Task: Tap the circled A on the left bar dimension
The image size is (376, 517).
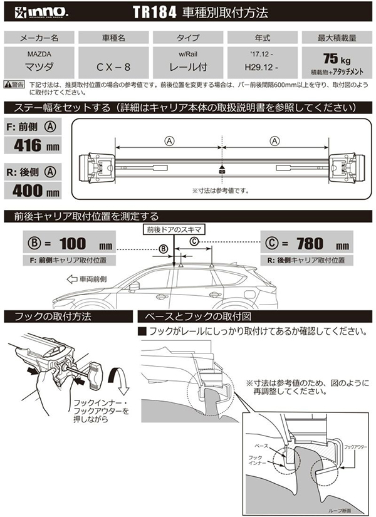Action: pos(169,141)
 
